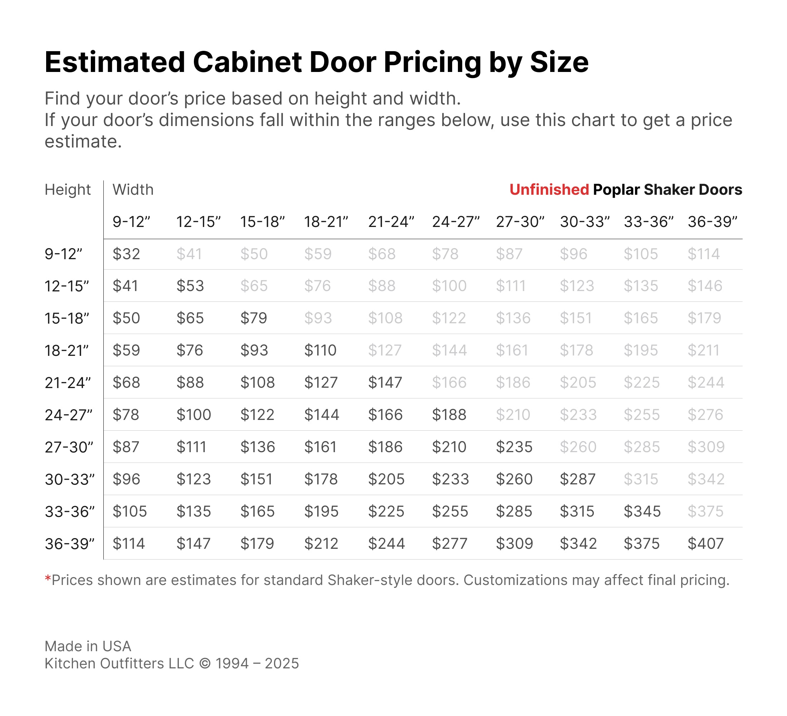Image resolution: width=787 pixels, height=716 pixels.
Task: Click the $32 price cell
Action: tap(126, 254)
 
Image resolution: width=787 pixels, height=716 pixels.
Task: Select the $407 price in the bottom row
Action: tap(705, 543)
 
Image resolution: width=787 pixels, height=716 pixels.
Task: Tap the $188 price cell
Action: tap(449, 415)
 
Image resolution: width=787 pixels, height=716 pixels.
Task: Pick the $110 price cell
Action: tap(320, 350)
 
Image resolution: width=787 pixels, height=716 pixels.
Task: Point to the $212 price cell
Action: tap(321, 543)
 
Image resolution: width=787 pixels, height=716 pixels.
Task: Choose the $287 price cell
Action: tap(577, 479)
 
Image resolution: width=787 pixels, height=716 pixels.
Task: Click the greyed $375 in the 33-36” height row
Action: tap(705, 511)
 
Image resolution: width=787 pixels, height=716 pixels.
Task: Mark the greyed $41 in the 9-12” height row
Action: tap(189, 254)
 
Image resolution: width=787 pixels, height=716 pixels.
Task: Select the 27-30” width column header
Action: tap(520, 222)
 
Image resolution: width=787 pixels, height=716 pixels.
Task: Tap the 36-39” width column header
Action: tap(713, 222)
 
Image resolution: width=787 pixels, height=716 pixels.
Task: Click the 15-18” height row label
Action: tap(67, 318)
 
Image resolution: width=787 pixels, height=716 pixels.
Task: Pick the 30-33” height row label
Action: tap(69, 479)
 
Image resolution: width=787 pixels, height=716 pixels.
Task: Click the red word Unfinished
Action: tap(549, 189)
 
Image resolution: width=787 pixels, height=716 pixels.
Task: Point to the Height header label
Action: tap(68, 189)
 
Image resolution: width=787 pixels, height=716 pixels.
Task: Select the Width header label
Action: tap(133, 189)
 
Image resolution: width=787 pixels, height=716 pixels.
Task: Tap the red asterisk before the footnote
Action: tap(48, 578)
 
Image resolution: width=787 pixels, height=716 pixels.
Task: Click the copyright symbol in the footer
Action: tap(205, 664)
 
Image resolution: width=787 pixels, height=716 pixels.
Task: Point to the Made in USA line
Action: tap(88, 647)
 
